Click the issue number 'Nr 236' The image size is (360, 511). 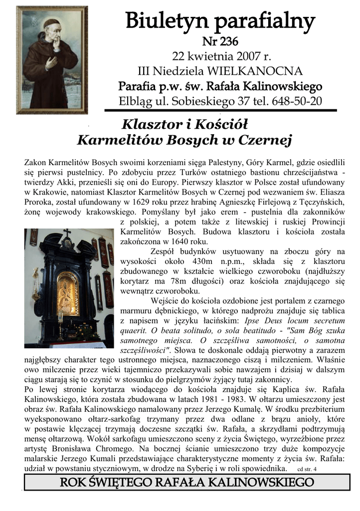click(x=220, y=41)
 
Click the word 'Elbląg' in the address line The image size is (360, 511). click(x=136, y=101)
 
